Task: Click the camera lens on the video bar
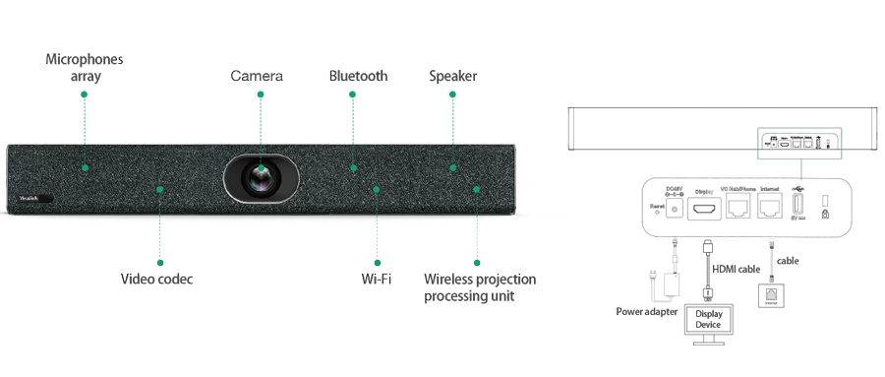tap(261, 178)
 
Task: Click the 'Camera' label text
tap(257, 77)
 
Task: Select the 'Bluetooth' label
tap(360, 77)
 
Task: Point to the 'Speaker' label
tap(451, 77)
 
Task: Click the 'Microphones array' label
tap(86, 68)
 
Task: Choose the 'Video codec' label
tap(157, 281)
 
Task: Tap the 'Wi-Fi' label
tap(376, 281)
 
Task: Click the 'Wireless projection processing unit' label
tap(481, 288)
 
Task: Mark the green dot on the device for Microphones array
tap(86, 168)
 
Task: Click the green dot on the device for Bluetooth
tap(353, 168)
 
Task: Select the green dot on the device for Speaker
tap(453, 168)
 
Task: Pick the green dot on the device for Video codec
tap(159, 188)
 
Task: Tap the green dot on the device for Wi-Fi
tap(376, 188)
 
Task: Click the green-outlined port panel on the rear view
tap(798, 144)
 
